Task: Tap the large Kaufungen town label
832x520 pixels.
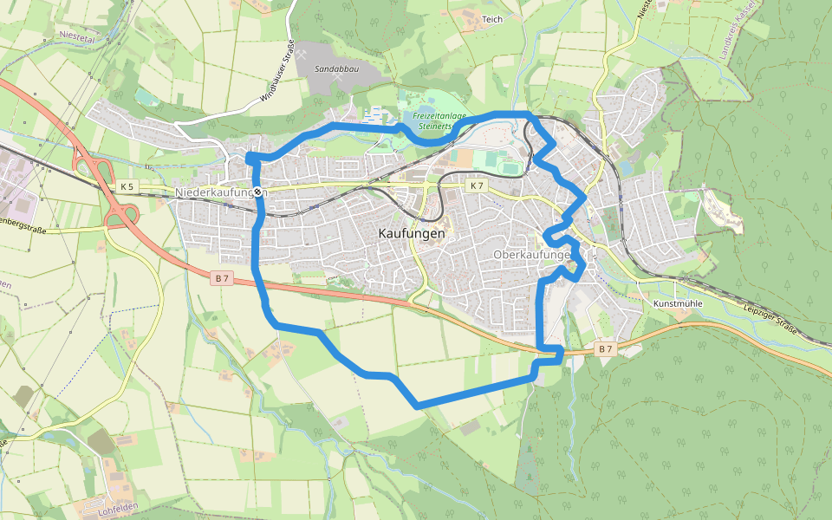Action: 412,233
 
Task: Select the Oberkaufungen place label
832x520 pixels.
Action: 531,255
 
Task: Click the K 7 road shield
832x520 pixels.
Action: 478,185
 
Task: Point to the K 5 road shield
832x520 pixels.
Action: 127,186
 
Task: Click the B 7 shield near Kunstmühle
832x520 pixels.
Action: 605,348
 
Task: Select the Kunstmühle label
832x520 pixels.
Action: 678,304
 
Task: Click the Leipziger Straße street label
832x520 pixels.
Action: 770,314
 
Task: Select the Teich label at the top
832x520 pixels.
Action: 491,18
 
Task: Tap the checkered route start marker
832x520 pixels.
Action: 257,192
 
